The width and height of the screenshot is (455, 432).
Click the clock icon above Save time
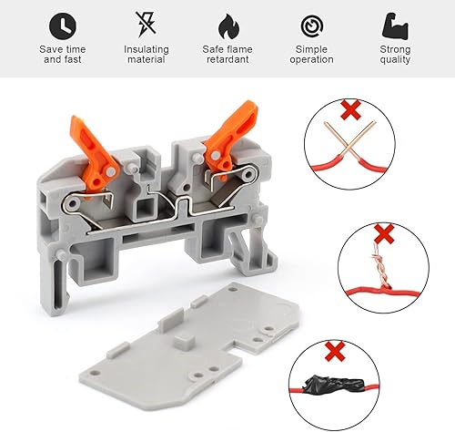click(x=63, y=26)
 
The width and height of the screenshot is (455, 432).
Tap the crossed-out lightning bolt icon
click(x=146, y=25)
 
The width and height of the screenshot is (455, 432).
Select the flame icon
click(x=228, y=26)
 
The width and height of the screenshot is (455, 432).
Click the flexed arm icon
click(x=395, y=26)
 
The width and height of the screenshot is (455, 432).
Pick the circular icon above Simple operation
click(x=312, y=26)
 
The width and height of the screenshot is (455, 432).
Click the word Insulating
click(x=147, y=49)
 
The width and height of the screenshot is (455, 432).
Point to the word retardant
click(x=227, y=59)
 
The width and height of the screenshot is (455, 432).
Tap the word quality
click(x=395, y=59)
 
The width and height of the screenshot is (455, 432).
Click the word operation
click(x=311, y=59)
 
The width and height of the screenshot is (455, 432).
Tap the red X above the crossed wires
click(x=351, y=109)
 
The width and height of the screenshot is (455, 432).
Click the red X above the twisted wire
click(x=384, y=233)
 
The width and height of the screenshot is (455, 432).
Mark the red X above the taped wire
click(x=335, y=351)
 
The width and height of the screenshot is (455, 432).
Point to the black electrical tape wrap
click(x=333, y=385)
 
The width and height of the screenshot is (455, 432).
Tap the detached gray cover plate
click(x=188, y=340)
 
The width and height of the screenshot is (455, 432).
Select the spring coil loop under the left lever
click(x=72, y=204)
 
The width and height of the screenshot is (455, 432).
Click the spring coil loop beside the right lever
click(x=248, y=174)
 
